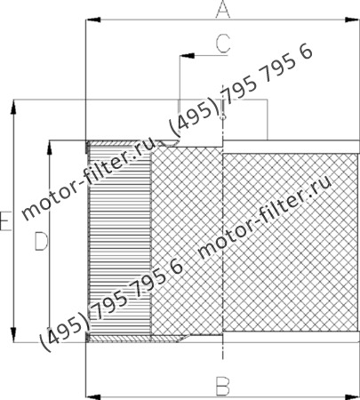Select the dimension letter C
tap(223, 41)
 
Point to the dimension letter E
tap(5, 221)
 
